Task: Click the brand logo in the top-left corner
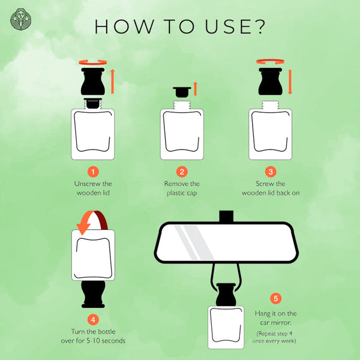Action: [21, 19]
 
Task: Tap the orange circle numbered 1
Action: [93, 172]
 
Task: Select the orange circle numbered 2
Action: [182, 172]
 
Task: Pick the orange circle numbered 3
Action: [271, 172]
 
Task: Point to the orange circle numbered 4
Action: [93, 320]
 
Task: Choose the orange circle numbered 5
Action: [275, 298]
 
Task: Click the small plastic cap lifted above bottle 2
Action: [182, 92]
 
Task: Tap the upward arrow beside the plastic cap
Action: [196, 89]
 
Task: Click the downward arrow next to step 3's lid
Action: [290, 82]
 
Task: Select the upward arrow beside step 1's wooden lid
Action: [113, 82]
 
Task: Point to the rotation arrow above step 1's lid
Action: [93, 62]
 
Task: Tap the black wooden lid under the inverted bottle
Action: [93, 294]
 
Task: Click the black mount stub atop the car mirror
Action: [226, 216]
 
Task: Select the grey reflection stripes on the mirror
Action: [194, 242]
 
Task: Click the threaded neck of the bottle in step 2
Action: [182, 105]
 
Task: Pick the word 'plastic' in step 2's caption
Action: [176, 193]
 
